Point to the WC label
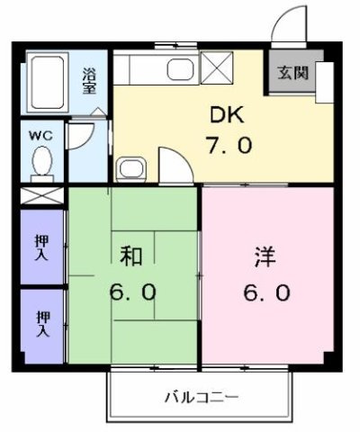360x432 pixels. pos(40,135)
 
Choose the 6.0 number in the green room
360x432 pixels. pos(133,293)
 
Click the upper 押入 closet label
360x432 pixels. pos(42,247)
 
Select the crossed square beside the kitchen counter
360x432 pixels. pos(217,68)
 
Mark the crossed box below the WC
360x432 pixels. pos(41,195)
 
